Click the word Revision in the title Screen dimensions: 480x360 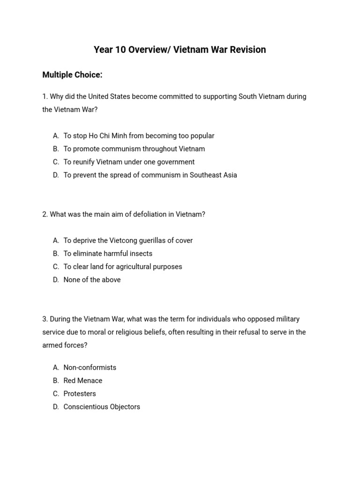pyautogui.click(x=246, y=50)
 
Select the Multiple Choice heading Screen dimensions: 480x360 pyautogui.click(x=72, y=75)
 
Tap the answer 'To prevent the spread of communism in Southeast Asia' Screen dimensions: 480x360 pyautogui.click(x=150, y=175)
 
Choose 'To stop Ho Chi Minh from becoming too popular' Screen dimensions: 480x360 pyautogui.click(x=139, y=135)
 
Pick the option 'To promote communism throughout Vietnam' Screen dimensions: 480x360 pyautogui.click(x=134, y=149)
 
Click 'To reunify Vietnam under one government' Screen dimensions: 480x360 pyautogui.click(x=129, y=162)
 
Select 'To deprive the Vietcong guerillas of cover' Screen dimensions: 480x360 pyautogui.click(x=128, y=240)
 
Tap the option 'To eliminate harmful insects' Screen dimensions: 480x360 pyautogui.click(x=108, y=254)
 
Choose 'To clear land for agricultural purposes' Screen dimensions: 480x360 pyautogui.click(x=123, y=267)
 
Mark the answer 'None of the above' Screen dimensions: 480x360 pyautogui.click(x=92, y=280)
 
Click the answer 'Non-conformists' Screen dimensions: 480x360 pyautogui.click(x=90, y=367)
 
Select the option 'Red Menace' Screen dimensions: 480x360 pyautogui.click(x=82, y=381)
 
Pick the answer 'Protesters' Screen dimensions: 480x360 pyautogui.click(x=80, y=394)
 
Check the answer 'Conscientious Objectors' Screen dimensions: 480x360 pyautogui.click(x=102, y=407)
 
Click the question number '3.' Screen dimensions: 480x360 pyautogui.click(x=45, y=319)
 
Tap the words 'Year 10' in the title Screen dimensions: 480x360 pyautogui.click(x=108, y=50)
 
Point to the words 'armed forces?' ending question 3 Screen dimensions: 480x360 pyautogui.click(x=65, y=345)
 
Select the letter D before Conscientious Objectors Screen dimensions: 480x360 pyautogui.click(x=56, y=407)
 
